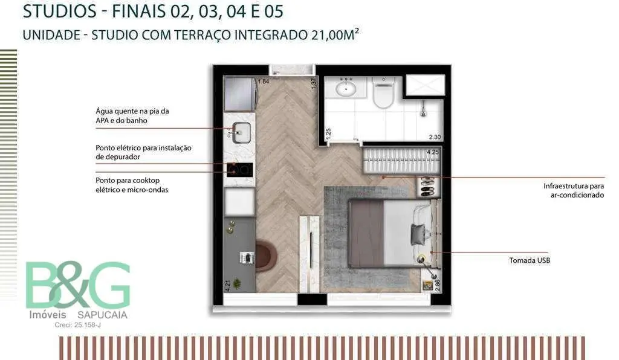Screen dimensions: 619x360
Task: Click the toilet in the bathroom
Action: (383, 92)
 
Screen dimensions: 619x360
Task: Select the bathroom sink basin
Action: (346, 88)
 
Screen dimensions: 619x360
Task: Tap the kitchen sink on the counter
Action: (241, 132)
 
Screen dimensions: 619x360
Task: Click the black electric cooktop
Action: (239, 170)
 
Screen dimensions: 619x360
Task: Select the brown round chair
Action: (267, 255)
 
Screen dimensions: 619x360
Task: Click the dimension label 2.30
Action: (435, 137)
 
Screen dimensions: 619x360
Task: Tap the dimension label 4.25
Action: (433, 152)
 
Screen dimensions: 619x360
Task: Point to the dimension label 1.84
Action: (264, 82)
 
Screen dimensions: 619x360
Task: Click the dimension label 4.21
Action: (227, 286)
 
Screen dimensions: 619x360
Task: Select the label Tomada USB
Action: (530, 260)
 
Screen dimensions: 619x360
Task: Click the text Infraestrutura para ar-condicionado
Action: (574, 190)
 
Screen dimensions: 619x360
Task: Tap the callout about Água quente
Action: (132, 116)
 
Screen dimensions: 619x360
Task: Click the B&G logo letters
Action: (78, 284)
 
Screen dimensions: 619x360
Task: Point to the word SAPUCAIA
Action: (102, 315)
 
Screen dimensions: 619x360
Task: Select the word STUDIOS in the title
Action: (60, 11)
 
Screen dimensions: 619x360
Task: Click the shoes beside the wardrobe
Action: (427, 187)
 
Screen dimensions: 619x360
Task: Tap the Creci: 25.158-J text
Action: (78, 326)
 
